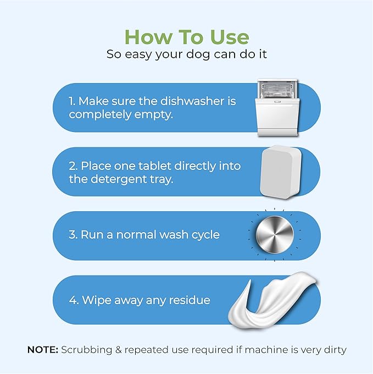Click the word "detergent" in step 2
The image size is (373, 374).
(116, 180)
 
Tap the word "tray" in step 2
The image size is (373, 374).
(160, 180)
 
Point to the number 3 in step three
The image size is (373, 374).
(72, 234)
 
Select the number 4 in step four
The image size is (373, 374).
(72, 300)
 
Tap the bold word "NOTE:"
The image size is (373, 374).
(42, 350)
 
